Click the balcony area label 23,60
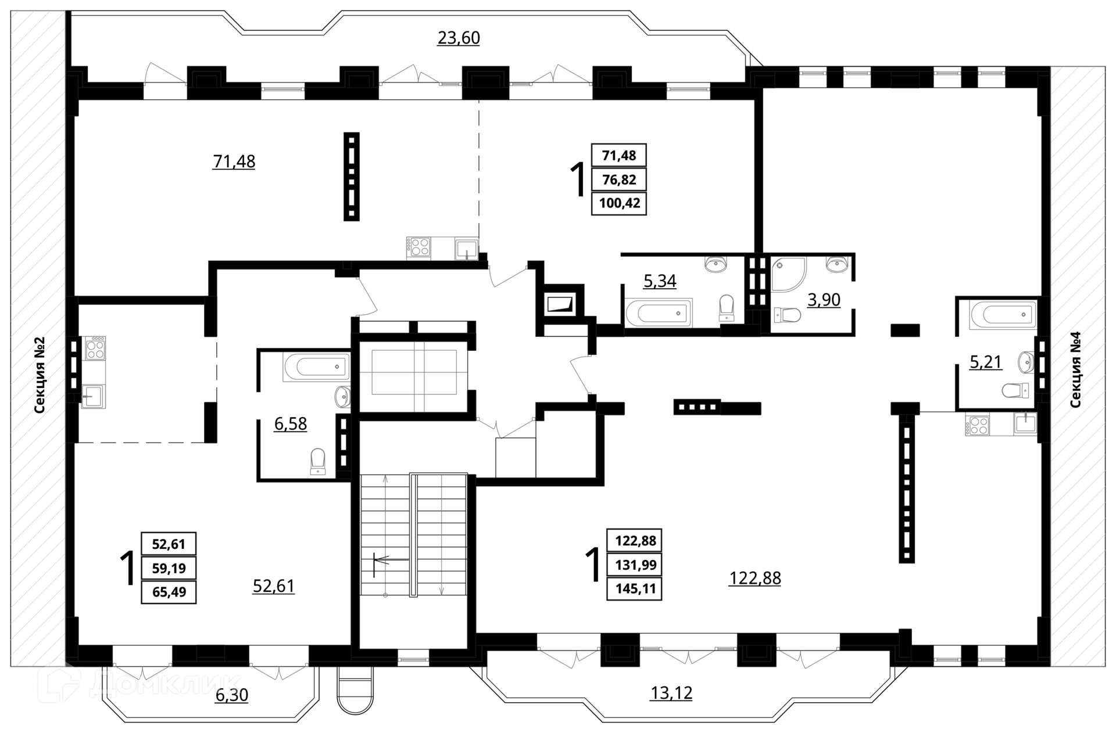[459, 38]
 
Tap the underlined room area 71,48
[234, 161]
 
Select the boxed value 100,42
[619, 203]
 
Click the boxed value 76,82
[619, 179]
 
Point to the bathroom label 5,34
[660, 281]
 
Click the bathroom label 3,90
[824, 300]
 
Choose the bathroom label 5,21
[986, 362]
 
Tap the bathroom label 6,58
[291, 424]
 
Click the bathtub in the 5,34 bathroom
[659, 313]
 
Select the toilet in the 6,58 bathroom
[318, 462]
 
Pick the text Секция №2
[40, 376]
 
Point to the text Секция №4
[1075, 369]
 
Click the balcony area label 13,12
[671, 693]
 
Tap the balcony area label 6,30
[232, 695]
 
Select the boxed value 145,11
[635, 588]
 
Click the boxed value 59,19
[169, 568]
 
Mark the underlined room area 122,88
[754, 579]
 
